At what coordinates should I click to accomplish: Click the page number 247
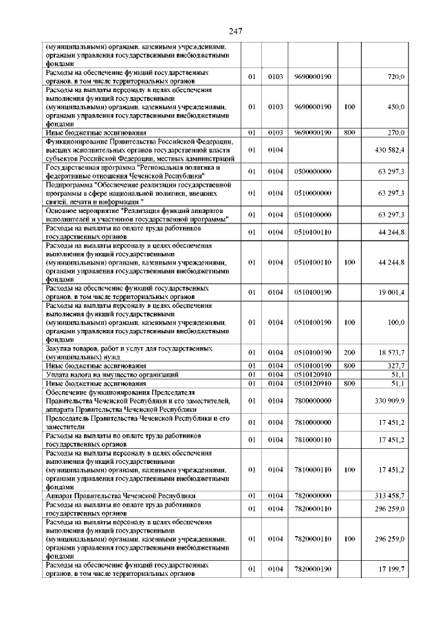[x=220, y=30]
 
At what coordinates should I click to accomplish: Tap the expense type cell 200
[x=349, y=353]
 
